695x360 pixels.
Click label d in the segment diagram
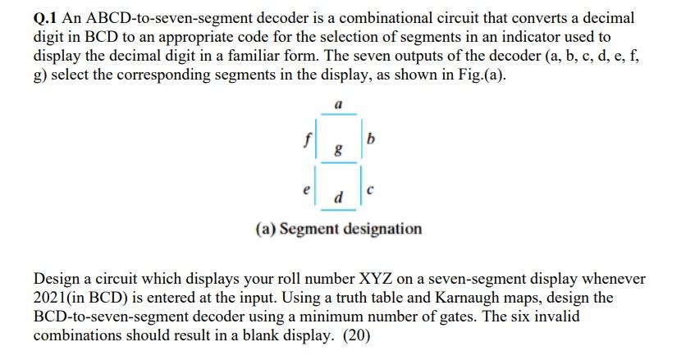point(338,198)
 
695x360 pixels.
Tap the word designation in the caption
point(382,228)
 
